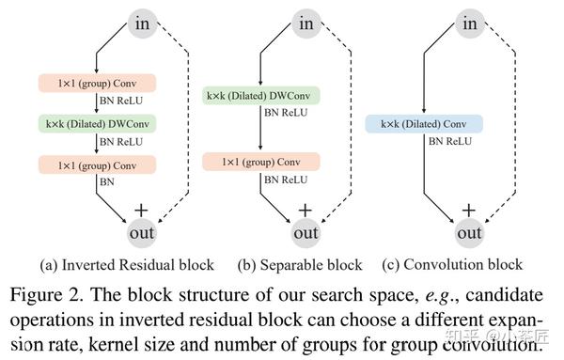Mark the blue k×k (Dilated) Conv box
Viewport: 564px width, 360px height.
[423, 124]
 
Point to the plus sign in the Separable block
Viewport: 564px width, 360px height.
[305, 207]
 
